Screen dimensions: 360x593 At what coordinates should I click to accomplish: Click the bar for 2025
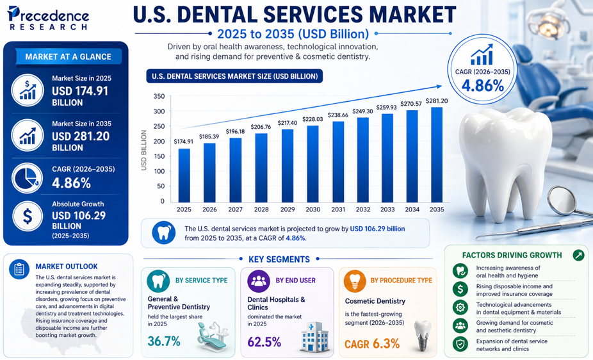pyautogui.click(x=184, y=176)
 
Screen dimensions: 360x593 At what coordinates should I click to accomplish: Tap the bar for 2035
pyautogui.click(x=437, y=154)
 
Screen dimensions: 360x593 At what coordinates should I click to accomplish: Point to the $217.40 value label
pyautogui.click(x=288, y=123)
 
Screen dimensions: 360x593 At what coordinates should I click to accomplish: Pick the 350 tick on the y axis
pyautogui.click(x=159, y=97)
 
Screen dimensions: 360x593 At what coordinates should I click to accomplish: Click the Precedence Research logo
pyautogui.click(x=48, y=19)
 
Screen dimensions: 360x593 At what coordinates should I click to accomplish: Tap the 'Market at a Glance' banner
pyautogui.click(x=69, y=56)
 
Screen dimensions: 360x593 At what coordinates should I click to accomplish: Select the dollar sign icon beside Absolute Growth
pyautogui.click(x=28, y=217)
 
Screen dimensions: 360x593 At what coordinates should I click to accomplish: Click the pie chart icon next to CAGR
pyautogui.click(x=28, y=179)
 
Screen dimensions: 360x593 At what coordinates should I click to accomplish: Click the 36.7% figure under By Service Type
pyautogui.click(x=164, y=341)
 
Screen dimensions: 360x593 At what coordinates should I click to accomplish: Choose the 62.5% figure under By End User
pyautogui.click(x=264, y=341)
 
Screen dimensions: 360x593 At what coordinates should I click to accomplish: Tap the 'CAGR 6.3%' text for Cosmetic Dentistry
pyautogui.click(x=372, y=343)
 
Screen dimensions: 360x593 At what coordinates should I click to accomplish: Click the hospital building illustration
pyautogui.click(x=316, y=337)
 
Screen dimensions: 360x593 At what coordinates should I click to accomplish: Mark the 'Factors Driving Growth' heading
pyautogui.click(x=512, y=255)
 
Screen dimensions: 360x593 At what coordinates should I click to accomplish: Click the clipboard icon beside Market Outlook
pyautogui.click(x=19, y=270)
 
